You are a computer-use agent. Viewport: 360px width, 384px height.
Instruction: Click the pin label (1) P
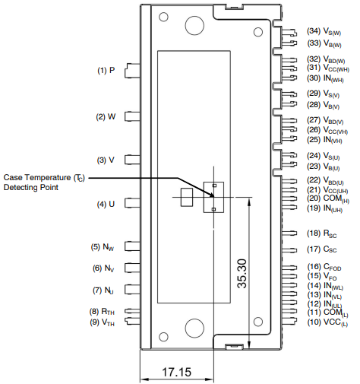(x=106, y=70)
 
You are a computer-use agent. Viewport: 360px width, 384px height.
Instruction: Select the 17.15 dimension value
(x=177, y=372)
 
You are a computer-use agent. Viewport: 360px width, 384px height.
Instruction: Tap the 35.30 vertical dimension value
(x=242, y=274)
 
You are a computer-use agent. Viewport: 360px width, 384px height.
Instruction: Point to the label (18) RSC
(x=322, y=233)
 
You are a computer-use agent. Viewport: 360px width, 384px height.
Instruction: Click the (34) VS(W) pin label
(x=324, y=31)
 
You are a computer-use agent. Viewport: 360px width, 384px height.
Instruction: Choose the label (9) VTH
(x=102, y=322)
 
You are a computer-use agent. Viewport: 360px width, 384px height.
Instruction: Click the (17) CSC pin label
(x=322, y=249)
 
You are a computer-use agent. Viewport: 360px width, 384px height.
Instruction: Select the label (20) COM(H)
(x=328, y=198)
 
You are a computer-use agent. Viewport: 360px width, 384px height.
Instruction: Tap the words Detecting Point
(x=31, y=187)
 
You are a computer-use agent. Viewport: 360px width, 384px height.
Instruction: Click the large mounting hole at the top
(x=194, y=25)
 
